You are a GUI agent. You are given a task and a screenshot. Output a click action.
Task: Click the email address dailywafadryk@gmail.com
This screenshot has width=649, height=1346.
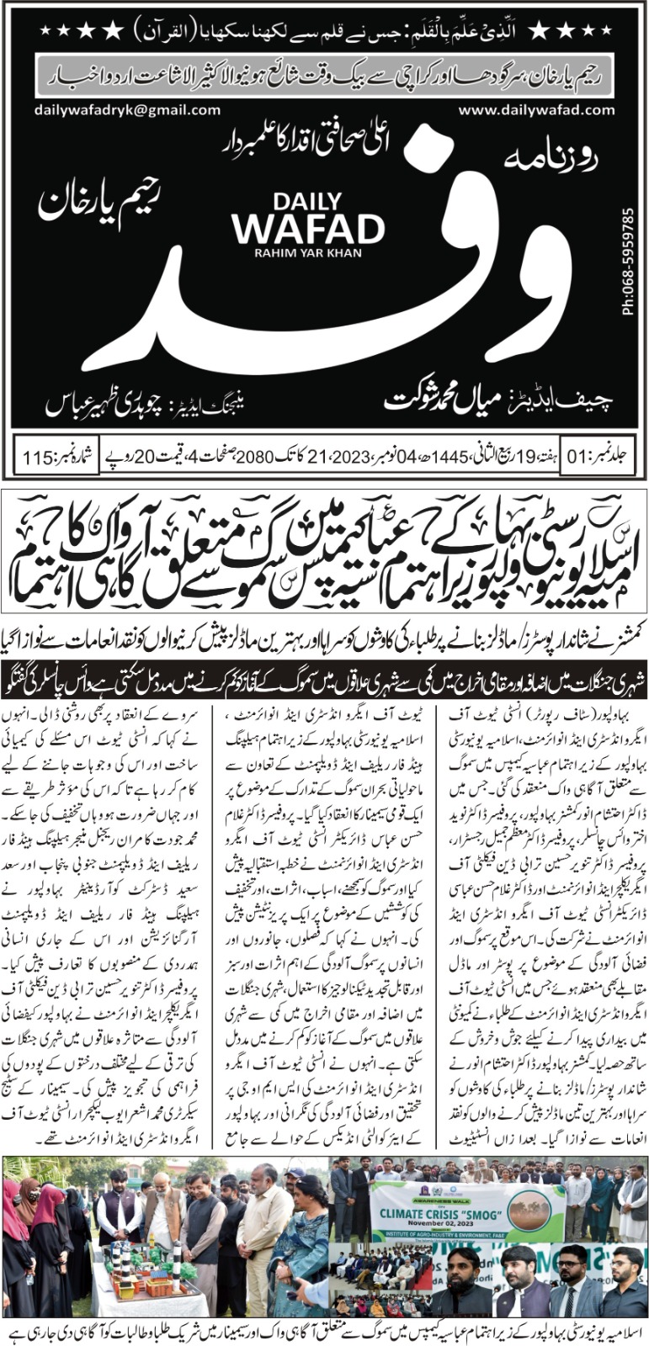coord(127,110)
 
